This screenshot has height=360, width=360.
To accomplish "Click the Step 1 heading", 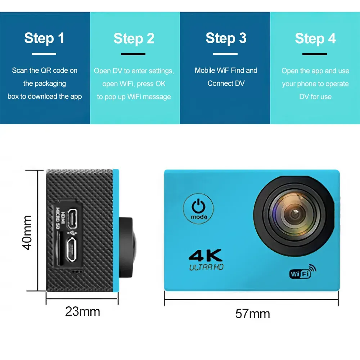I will [x=44, y=38].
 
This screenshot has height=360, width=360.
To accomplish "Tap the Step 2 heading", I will [x=134, y=39].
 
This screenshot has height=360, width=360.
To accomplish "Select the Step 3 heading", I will [x=226, y=38].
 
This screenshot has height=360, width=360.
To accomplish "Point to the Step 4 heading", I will [x=315, y=39].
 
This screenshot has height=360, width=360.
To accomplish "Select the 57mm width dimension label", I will [x=252, y=314].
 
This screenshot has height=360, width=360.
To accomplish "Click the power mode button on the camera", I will [x=198, y=209].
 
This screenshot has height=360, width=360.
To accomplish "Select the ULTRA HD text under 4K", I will [x=206, y=267].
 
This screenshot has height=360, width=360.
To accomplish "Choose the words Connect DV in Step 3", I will [x=226, y=84].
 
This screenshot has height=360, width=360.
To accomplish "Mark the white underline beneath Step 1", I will [x=44, y=54].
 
